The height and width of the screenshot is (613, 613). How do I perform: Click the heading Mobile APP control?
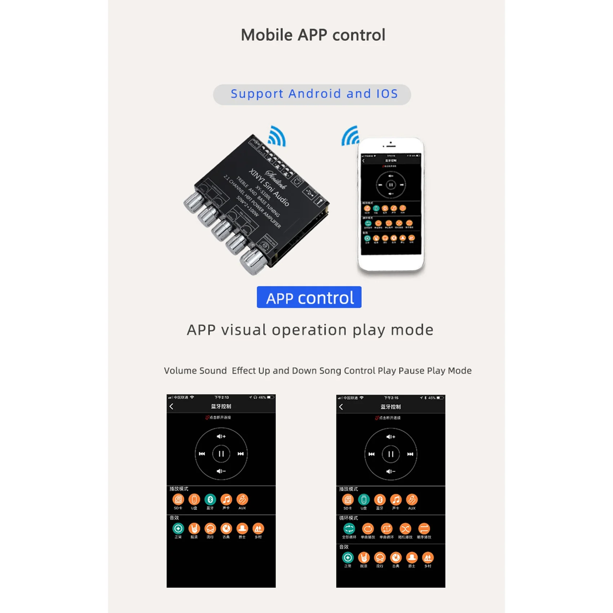pos(313,35)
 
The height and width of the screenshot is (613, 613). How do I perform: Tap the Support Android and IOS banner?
pos(312,94)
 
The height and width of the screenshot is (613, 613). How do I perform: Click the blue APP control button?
pos(309,297)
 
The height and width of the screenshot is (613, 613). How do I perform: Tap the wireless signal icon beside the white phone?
pos(351,137)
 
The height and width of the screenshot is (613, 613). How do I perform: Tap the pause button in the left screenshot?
pos(221,454)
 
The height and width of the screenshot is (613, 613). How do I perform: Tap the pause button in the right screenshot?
pos(391,454)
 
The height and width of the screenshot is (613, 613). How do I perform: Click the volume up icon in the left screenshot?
pos(221,436)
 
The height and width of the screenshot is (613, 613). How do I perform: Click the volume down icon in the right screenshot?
pos(391,471)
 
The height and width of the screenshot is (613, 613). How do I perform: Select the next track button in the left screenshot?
pos(241,454)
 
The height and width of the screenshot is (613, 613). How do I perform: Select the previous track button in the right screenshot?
pos(371,454)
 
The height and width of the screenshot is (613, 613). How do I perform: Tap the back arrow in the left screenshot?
pos(172,406)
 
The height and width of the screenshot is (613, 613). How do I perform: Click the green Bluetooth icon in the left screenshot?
pos(210,499)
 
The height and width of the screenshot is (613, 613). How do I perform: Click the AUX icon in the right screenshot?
pos(412,500)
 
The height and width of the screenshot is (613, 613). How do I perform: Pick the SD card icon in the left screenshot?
pos(178,499)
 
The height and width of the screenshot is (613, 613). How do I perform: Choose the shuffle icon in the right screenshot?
pos(405,529)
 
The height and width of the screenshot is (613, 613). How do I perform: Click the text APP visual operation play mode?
pos(310,330)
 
